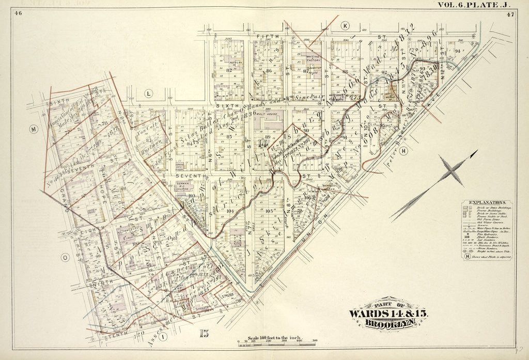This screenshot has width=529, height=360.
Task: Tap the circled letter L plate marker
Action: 149,93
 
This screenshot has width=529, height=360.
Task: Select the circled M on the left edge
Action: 34,129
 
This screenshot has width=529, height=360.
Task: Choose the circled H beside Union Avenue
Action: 403,151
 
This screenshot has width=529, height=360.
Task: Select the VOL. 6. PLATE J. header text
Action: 474,5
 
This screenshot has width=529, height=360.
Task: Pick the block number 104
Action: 230,211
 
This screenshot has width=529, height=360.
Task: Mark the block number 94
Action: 457,51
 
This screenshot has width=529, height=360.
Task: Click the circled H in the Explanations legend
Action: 468,256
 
